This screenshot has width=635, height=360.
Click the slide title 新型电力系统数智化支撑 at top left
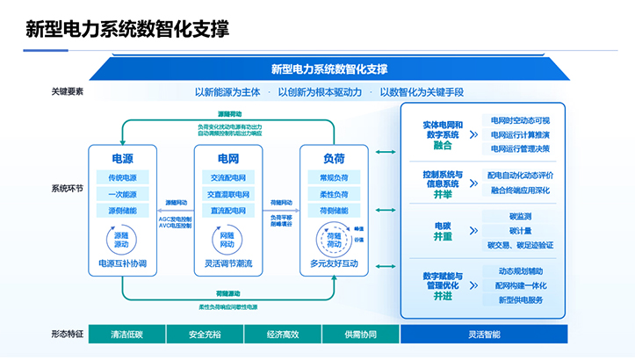127,29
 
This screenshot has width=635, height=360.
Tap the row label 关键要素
68,91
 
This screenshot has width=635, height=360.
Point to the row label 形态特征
68,335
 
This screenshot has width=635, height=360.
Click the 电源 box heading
123,158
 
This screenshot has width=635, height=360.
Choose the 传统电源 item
123,177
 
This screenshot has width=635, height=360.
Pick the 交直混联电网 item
227,194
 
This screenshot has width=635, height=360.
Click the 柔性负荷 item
334,194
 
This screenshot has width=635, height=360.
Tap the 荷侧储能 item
334,211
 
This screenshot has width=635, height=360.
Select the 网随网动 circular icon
227,238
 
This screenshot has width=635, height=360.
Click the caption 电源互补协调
123,263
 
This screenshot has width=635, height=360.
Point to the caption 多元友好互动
334,263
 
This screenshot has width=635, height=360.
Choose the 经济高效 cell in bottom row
283,335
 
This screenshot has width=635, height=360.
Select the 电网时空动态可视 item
520,121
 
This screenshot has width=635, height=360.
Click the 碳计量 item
520,230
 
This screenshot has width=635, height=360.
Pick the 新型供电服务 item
520,299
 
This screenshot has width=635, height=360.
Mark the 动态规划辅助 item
520,271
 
